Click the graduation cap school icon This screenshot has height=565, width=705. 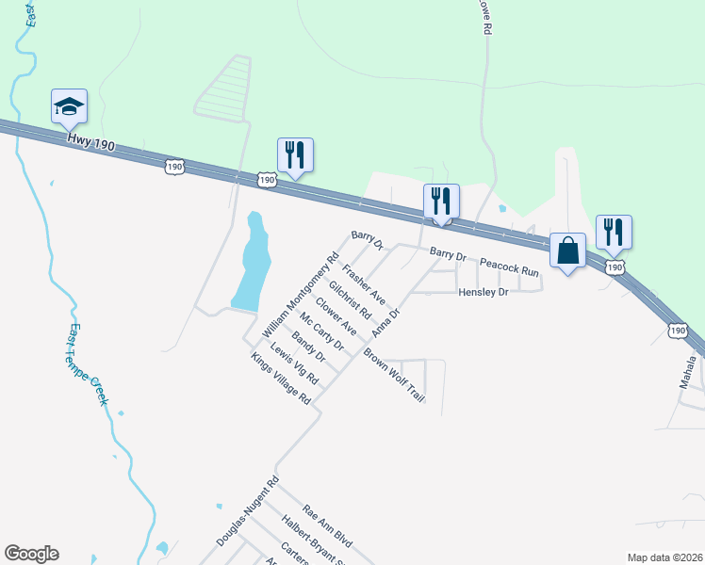coord(69,106)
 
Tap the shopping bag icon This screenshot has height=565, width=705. coord(567,251)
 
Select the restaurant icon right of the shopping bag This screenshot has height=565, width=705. coord(614,233)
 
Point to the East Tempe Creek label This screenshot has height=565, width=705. coord(88,365)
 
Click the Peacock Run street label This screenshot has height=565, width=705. coord(508,266)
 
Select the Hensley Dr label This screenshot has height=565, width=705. coord(483,293)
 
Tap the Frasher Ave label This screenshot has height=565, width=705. coord(364,283)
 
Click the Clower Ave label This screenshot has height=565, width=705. coord(336,316)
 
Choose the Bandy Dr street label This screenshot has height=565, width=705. coord(308,347)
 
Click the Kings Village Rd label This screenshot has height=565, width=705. coord(280,379)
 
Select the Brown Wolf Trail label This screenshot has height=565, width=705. coord(395,377)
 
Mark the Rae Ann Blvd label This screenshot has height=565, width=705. coord(327,525)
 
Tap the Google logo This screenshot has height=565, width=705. coord(32,554)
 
